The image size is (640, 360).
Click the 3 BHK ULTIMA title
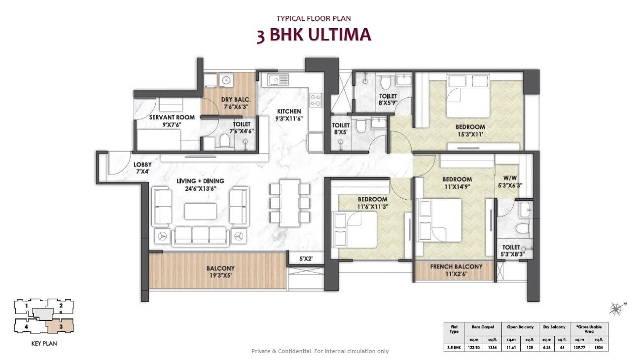point(314,36)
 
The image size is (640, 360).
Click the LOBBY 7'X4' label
point(142,168)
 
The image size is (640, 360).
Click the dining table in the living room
point(290,202)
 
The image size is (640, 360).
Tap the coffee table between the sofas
point(200,211)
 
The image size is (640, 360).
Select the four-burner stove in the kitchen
point(315,100)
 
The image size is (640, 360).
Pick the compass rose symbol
point(616,309)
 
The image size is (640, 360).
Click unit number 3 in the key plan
point(60,326)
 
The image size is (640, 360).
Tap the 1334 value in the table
point(491,348)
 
